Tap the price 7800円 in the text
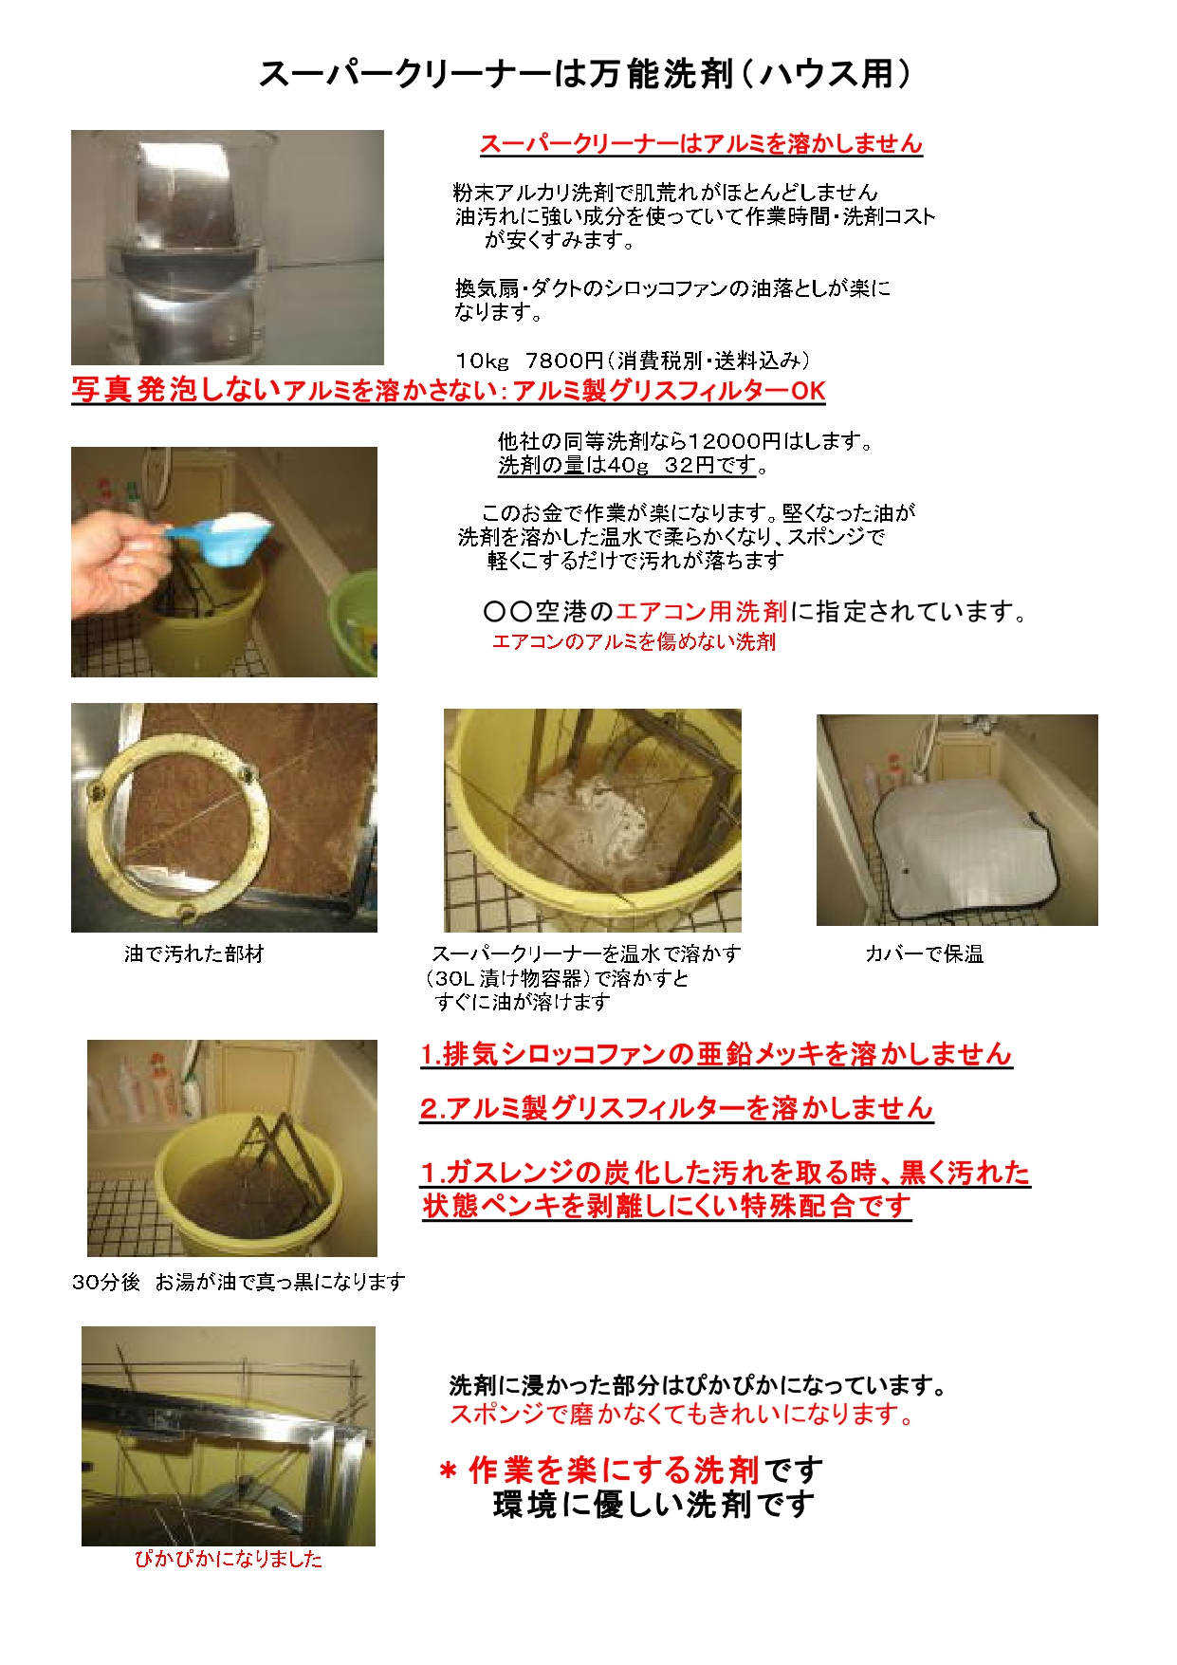[x=564, y=361]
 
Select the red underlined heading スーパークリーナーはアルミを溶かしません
[x=701, y=144]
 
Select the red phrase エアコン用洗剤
[x=701, y=612]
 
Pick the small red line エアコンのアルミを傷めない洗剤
[x=634, y=642]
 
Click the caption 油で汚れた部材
[x=193, y=953]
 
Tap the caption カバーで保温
[x=924, y=954]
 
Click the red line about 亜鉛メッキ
[x=716, y=1055]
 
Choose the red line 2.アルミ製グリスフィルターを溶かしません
[x=676, y=1109]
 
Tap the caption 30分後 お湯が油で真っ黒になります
[x=238, y=1282]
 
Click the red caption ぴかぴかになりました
[x=228, y=1559]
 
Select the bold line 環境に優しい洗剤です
[x=653, y=1505]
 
